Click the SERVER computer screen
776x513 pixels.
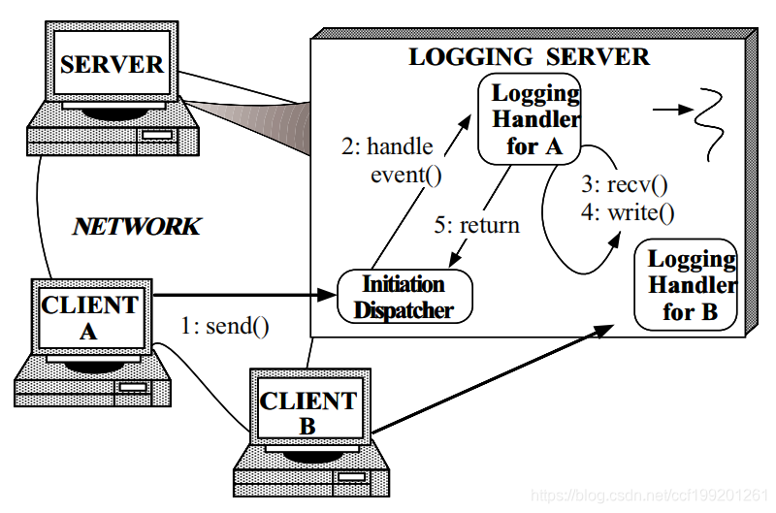pyautogui.click(x=112, y=64)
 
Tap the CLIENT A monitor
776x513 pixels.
pyautogui.click(x=89, y=319)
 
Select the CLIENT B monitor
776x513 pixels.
pyautogui.click(x=308, y=412)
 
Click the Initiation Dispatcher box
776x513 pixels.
pyautogui.click(x=404, y=297)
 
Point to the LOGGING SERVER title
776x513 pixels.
pyautogui.click(x=529, y=56)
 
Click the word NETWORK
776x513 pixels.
pyautogui.click(x=137, y=227)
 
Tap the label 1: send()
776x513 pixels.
pyautogui.click(x=225, y=326)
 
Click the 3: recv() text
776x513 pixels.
pyautogui.click(x=625, y=184)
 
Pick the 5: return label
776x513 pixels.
pyautogui.click(x=476, y=225)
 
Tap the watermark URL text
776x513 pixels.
pyautogui.click(x=651, y=496)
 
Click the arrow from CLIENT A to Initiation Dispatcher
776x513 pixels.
pyautogui.click(x=242, y=292)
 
